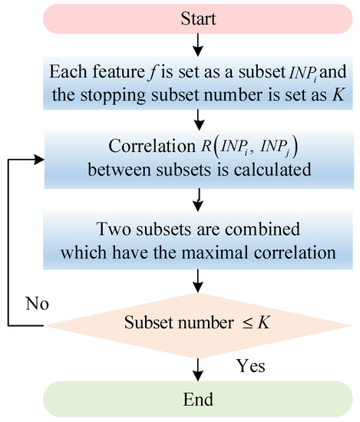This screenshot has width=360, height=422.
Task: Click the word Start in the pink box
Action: (x=198, y=19)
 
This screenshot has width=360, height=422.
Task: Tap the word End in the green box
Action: (x=198, y=399)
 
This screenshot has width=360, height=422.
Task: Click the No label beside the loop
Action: (x=37, y=304)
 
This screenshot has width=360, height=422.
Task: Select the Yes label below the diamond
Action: (x=251, y=366)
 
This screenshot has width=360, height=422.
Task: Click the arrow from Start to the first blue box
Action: (x=198, y=45)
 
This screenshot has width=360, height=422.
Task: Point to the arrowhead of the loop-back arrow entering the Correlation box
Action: (x=39, y=160)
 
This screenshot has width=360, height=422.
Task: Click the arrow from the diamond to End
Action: (x=198, y=370)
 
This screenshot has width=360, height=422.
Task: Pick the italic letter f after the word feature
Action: (x=152, y=73)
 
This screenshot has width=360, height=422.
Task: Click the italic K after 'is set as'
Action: (x=338, y=95)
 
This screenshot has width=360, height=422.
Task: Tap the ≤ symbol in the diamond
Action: (x=247, y=323)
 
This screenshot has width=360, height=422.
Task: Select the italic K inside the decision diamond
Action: (x=263, y=322)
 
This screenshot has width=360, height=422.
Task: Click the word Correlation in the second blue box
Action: (x=152, y=146)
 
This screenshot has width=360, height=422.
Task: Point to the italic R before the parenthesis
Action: (x=206, y=146)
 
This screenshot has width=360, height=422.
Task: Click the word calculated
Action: (x=272, y=170)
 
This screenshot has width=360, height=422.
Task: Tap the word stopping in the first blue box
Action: (x=113, y=96)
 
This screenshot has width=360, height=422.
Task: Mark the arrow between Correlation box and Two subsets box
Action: (x=198, y=199)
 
